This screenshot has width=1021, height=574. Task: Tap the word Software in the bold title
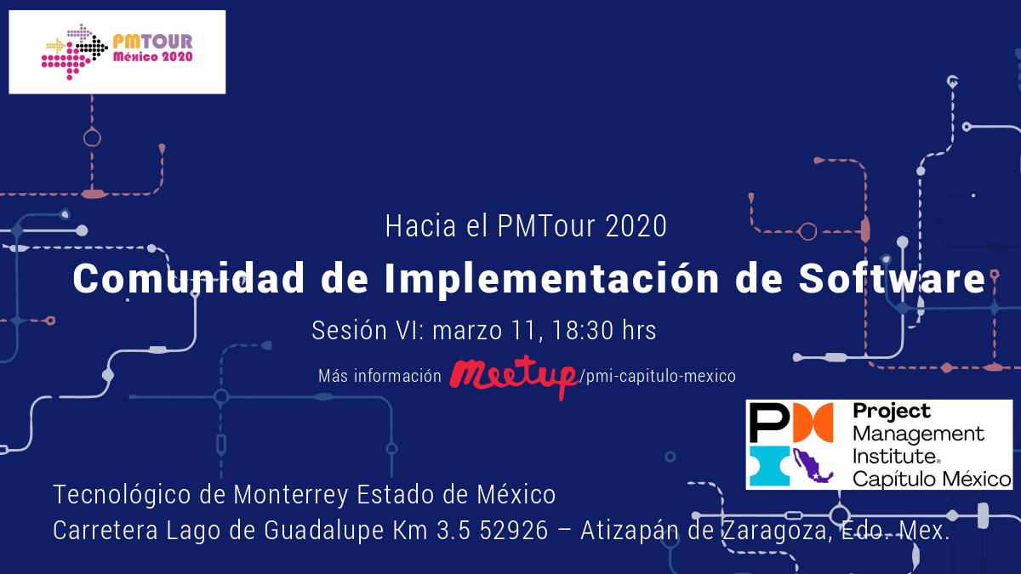point(892,279)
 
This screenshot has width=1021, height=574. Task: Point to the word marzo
point(467,331)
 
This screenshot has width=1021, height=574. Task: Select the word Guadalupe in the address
point(323,531)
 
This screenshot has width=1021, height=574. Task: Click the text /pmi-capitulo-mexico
point(657,376)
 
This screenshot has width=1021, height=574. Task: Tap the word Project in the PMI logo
point(892,412)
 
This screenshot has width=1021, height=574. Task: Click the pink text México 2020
point(152,57)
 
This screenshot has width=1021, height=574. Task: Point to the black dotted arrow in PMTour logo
point(92,48)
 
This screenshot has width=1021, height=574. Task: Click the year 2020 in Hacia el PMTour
point(636,226)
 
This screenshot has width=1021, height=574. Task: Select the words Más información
point(379,376)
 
